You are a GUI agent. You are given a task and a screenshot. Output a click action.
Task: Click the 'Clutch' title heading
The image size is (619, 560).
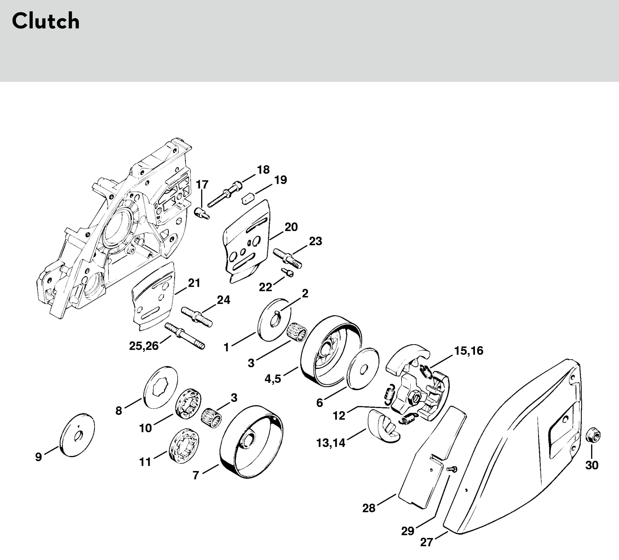tap(46, 21)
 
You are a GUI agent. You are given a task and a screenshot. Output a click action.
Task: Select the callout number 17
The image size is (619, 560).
tap(202, 185)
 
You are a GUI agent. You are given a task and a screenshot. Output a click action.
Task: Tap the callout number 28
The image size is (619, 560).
tap(369, 508)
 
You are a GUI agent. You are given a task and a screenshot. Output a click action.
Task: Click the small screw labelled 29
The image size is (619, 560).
tap(452, 469)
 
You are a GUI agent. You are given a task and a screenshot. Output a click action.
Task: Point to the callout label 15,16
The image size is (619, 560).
tap(469, 351)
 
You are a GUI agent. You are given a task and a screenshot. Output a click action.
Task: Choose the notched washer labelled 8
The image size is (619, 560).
tap(160, 387)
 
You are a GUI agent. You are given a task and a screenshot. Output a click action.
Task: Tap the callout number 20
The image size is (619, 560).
tap(291, 227)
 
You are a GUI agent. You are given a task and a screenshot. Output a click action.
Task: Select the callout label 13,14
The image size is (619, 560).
tap(331, 443)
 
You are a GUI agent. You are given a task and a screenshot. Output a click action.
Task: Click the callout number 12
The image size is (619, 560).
tap(339, 416)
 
